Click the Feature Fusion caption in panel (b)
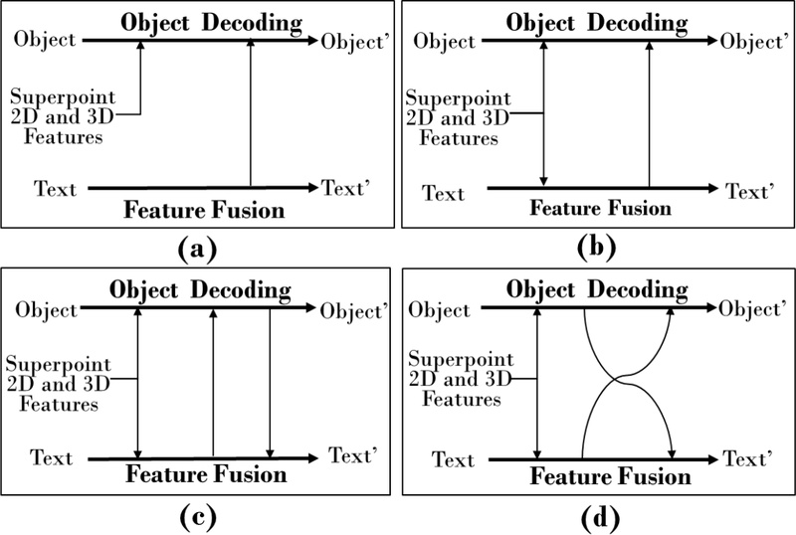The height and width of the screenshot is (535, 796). coord(599,208)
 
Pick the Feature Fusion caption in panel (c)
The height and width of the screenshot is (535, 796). coord(204,474)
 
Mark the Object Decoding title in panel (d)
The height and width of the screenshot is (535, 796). coord(597,289)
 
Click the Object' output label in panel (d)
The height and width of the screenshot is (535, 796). coord(752,308)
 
